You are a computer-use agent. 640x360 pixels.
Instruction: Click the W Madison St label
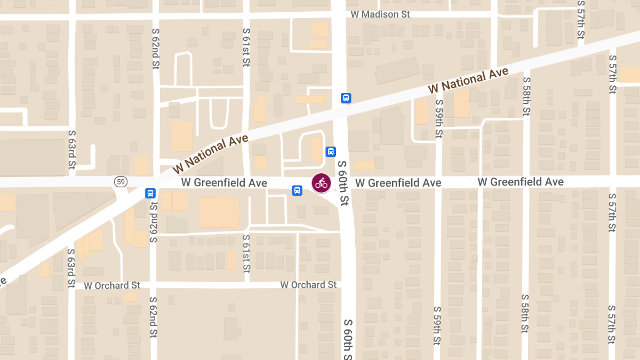coord(380,14)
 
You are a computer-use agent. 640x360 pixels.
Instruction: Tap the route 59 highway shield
coord(121,182)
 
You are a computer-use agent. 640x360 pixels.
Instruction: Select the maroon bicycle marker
coord(321,183)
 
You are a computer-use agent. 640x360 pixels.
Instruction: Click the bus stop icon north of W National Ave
coord(346,98)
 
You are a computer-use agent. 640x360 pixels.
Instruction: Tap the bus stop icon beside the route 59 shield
coord(150,193)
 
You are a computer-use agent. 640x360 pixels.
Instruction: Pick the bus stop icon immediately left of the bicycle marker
coord(297,190)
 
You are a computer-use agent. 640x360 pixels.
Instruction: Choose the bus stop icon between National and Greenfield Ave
coord(331,151)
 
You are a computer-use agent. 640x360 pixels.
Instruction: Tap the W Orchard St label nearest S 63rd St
coord(111,285)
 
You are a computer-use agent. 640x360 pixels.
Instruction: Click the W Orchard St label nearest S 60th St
coord(308,285)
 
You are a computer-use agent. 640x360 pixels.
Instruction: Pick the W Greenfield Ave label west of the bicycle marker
coord(224,183)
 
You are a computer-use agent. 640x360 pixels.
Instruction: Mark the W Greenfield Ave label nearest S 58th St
coord(521,182)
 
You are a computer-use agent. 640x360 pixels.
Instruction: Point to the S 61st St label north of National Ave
coord(246,47)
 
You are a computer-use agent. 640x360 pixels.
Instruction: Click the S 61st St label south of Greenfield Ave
coord(246,253)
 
